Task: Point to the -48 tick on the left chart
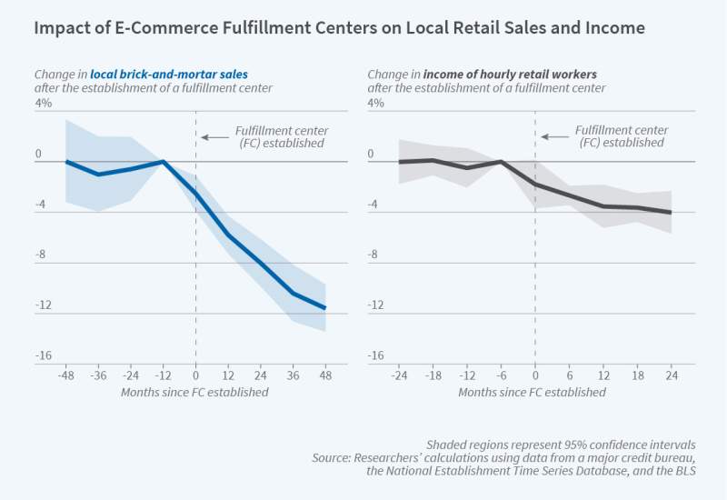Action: [x=65, y=375]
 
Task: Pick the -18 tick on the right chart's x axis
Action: [x=433, y=375]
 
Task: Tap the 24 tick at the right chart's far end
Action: [x=671, y=375]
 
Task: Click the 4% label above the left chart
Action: [x=44, y=104]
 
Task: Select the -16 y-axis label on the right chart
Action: [x=373, y=355]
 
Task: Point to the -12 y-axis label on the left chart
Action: [x=42, y=305]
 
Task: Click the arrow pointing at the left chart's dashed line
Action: [x=212, y=137]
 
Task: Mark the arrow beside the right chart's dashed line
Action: [x=551, y=137]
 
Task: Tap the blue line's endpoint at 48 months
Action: [x=325, y=308]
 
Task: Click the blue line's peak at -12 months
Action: [x=164, y=161]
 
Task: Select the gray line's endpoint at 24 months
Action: [x=671, y=213]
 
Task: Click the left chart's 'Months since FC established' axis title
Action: [x=194, y=393]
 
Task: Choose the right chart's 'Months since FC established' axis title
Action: [x=532, y=393]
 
